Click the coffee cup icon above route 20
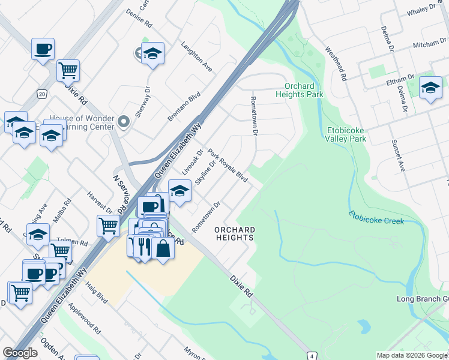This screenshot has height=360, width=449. tap(43, 49)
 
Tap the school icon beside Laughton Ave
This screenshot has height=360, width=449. tap(153, 54)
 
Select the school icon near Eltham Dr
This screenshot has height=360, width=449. tap(430, 88)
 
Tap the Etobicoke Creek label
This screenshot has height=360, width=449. tap(376, 218)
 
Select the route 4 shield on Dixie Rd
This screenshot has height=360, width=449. tap(311, 355)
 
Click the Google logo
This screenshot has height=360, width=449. tap(20, 353)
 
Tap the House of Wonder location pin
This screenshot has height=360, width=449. tap(124, 122)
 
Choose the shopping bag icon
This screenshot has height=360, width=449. tap(163, 247)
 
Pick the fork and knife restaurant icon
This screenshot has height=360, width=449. tap(143, 245)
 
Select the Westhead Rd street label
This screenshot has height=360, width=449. tap(336, 64)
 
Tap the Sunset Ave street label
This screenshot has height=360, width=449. tap(398, 155)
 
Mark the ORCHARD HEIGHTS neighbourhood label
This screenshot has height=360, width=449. tap(235, 233)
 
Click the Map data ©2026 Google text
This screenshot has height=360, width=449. tap(411, 355)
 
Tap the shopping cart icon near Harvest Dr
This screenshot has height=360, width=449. tap(108, 226)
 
